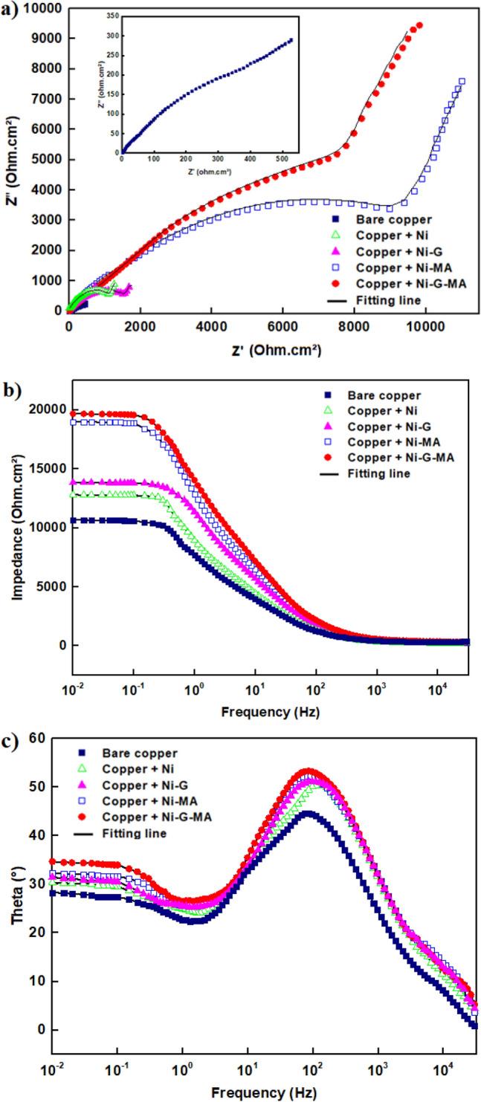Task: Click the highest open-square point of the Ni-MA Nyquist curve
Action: pyautogui.click(x=462, y=82)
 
